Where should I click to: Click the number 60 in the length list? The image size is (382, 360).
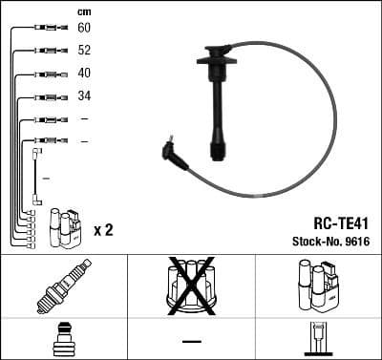pyautogui.click(x=84, y=29)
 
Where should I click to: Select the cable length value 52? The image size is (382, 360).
pyautogui.click(x=84, y=51)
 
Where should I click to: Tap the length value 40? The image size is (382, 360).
pyautogui.click(x=84, y=74)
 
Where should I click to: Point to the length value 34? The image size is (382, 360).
pyautogui.click(x=84, y=96)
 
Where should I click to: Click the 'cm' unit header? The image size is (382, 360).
pyautogui.click(x=83, y=11)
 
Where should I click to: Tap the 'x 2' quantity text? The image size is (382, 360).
pyautogui.click(x=104, y=230)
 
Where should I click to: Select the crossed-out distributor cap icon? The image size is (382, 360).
pyautogui.click(x=191, y=286)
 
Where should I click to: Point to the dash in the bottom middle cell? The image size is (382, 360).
pyautogui.click(x=191, y=340)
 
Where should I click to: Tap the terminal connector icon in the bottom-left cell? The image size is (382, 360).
pyautogui.click(x=63, y=339)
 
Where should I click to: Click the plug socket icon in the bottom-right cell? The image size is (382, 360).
pyautogui.click(x=317, y=339)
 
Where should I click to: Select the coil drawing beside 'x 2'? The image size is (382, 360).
pyautogui.click(x=66, y=228)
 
